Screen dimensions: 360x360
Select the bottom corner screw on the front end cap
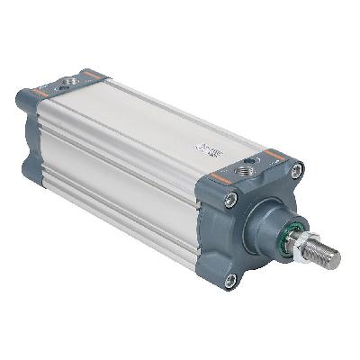pos(230,280)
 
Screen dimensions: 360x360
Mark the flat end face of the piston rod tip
pos(337,260)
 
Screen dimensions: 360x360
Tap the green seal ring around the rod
pos(293,236)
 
